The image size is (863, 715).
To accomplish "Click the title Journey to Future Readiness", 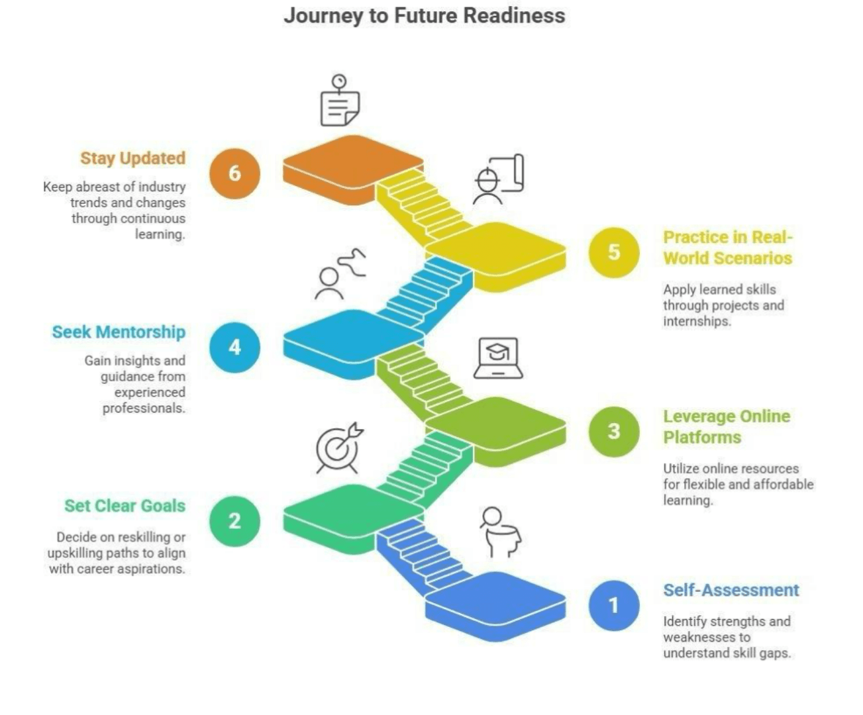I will [425, 15].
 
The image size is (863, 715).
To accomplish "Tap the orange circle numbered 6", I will [234, 173].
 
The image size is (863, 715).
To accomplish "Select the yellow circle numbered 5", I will [614, 252].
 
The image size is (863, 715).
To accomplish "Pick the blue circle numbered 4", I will [234, 347].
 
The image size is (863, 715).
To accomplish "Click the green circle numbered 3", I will [614, 431].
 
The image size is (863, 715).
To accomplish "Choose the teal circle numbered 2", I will [234, 521].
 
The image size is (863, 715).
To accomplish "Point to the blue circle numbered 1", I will [614, 605].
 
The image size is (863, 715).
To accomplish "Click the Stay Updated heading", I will [132, 158].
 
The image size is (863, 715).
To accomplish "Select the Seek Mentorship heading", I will [119, 332].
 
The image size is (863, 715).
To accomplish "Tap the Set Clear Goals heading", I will [125, 506].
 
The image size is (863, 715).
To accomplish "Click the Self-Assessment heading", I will [731, 590].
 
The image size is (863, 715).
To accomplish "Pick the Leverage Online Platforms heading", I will [727, 426].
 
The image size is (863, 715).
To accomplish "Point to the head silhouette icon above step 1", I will [499, 532].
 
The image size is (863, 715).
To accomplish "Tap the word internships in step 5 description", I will [697, 321].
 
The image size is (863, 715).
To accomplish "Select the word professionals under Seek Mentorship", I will [144, 408].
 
